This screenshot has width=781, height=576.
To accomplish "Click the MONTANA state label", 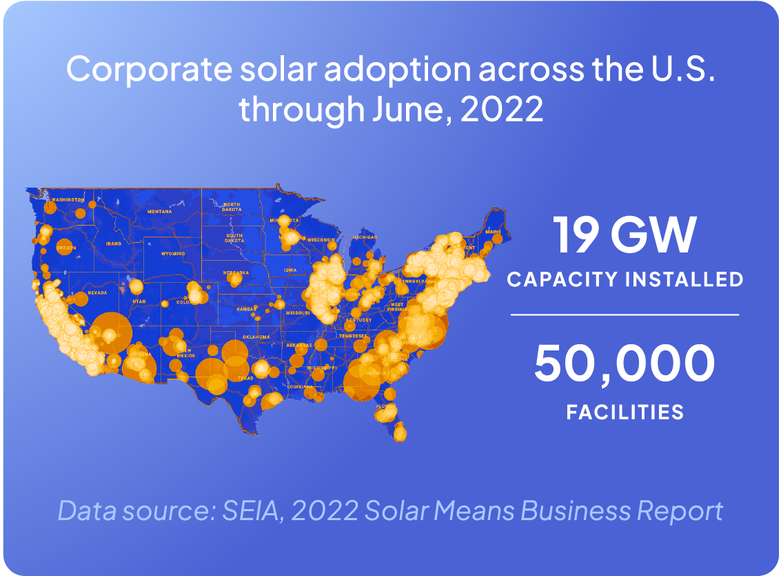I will [159, 211].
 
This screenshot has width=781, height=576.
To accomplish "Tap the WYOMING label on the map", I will [173, 253].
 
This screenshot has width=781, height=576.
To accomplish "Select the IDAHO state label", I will [113, 244].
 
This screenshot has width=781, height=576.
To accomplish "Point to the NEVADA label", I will [98, 292].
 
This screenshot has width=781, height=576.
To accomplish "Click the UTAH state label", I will [139, 301].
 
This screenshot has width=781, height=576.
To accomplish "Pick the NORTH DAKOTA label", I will [232, 207].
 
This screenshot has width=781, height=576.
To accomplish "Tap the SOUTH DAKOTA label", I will [234, 238].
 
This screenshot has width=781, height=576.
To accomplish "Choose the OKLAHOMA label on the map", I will [256, 337].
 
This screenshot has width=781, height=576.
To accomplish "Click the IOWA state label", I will [290, 270].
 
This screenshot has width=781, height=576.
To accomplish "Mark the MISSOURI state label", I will [297, 312].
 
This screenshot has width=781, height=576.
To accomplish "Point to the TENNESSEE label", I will [353, 336].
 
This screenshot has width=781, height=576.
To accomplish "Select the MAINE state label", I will [493, 232].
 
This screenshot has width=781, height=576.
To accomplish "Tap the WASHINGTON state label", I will [66, 199].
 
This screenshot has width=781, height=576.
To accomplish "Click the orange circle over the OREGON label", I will [65, 246].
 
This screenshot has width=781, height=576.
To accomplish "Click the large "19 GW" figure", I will [625, 235].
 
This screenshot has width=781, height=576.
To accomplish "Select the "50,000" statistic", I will [625, 364].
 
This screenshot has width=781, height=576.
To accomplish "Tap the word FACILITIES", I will [625, 413].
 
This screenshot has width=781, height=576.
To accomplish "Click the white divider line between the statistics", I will [625, 315].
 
